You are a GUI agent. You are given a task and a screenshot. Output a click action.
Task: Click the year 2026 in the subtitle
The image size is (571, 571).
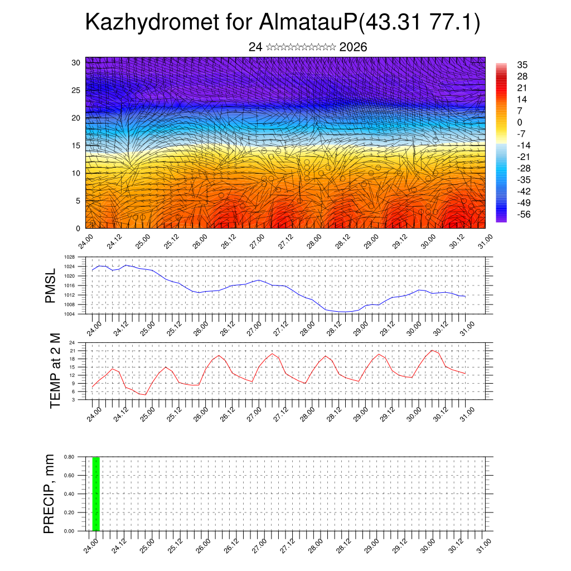pyautogui.click(x=353, y=47)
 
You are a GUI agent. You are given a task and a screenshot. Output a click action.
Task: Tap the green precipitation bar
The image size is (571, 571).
pyautogui.click(x=96, y=493)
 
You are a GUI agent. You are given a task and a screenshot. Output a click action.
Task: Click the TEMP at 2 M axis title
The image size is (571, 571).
pyautogui.click(x=55, y=371)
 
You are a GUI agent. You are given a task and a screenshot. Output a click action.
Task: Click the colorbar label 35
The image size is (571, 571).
pyautogui.click(x=522, y=65)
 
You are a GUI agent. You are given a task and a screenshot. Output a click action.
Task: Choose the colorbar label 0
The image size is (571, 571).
pyautogui.click(x=520, y=122)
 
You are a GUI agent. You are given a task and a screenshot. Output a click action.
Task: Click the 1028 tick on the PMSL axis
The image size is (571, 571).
pyautogui.click(x=69, y=257)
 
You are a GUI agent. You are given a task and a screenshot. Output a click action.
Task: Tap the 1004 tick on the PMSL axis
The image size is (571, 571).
pyautogui.click(x=69, y=314)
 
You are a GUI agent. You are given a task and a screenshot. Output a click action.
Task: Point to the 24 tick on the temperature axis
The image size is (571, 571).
pyautogui.click(x=72, y=342)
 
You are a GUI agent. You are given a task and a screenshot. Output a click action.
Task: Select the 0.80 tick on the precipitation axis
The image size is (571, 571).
pyautogui.click(x=69, y=457)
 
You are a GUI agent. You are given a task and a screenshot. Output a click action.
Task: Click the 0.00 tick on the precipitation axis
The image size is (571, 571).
pyautogui.click(x=69, y=531)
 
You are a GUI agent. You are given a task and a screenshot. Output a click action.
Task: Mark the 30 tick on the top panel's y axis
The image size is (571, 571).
pyautogui.click(x=76, y=62)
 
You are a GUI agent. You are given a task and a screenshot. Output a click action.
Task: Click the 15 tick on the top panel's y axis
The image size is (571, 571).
pyautogui.click(x=76, y=146)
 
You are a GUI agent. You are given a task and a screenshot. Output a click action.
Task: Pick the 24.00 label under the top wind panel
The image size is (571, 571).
pyautogui.click(x=86, y=243)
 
